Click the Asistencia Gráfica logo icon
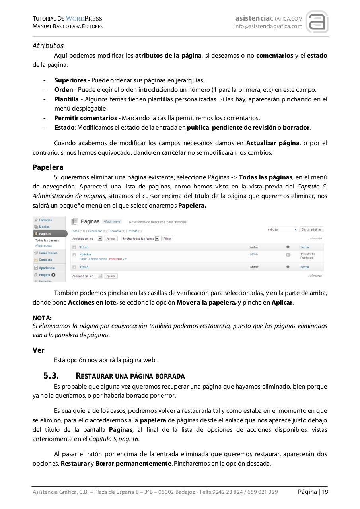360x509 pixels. pyautogui.click(x=317, y=22)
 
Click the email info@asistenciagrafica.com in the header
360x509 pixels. pyautogui.click(x=268, y=27)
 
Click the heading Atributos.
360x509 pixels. pyautogui.click(x=49, y=46)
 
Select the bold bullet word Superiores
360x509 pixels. pyautogui.click(x=70, y=80)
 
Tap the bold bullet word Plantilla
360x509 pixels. pyautogui.click(x=66, y=99)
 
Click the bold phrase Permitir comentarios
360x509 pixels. pyautogui.click(x=86, y=118)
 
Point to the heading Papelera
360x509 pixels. pyautogui.click(x=48, y=167)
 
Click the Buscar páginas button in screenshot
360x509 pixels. pyautogui.click(x=311, y=229)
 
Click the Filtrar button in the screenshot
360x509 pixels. pyautogui.click(x=167, y=239)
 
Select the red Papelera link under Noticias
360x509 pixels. pyautogui.click(x=115, y=259)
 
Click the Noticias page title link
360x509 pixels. pyautogui.click(x=85, y=254)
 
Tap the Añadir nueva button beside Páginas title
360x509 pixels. pyautogui.click(x=112, y=221)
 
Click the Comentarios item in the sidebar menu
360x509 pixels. pyautogui.click(x=48, y=253)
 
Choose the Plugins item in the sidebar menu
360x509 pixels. pyautogui.click(x=44, y=275)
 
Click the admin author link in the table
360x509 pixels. pyautogui.click(x=253, y=254)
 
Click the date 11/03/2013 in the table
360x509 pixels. pyautogui.click(x=307, y=254)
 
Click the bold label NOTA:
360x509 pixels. pyautogui.click(x=42, y=318)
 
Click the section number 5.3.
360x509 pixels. pyautogui.click(x=51, y=376)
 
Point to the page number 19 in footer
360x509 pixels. pyautogui.click(x=325, y=492)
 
